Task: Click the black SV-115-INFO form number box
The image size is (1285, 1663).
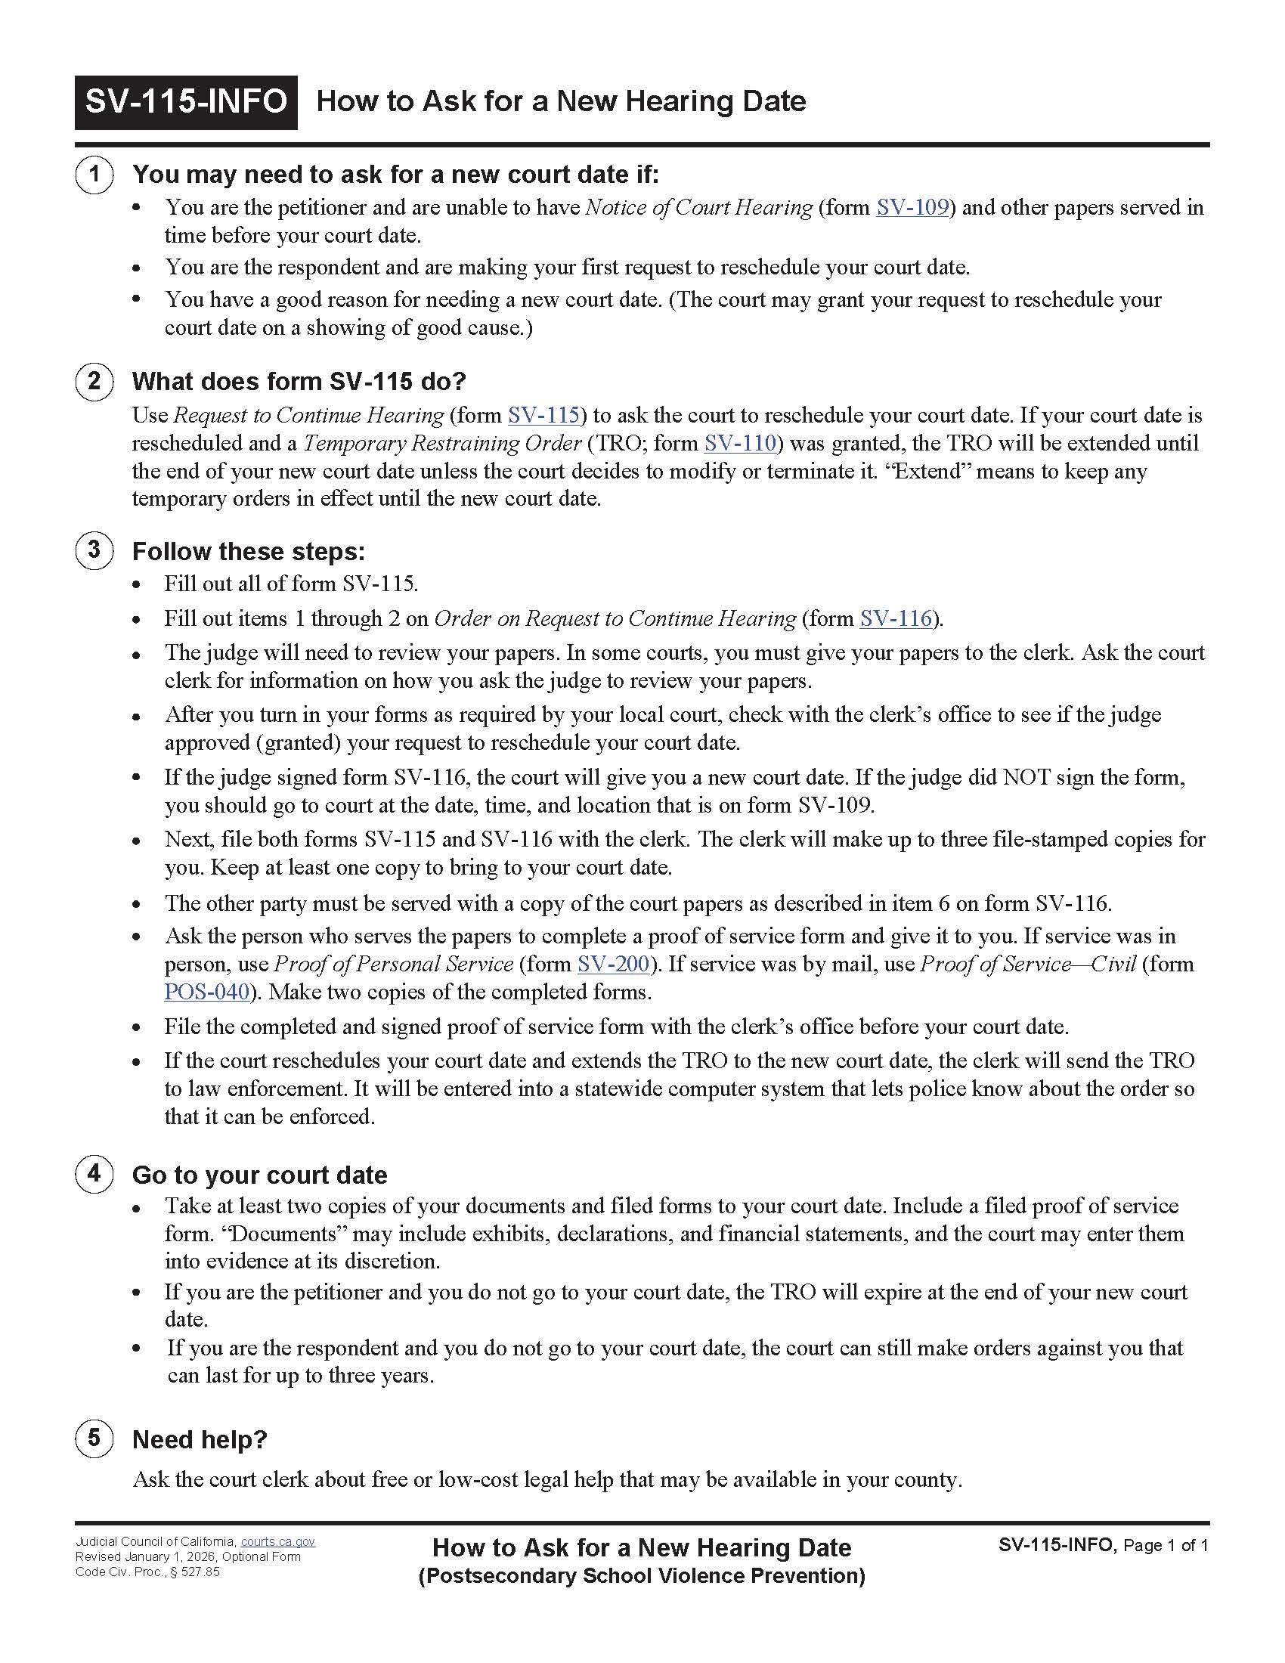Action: (186, 102)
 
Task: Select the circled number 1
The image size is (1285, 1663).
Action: (94, 174)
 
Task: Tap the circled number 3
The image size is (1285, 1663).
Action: (94, 550)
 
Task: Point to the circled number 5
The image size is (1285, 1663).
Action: (94, 1438)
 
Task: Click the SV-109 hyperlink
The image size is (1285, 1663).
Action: (912, 207)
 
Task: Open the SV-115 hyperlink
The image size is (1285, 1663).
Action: (543, 415)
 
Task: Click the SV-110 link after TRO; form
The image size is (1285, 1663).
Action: (739, 443)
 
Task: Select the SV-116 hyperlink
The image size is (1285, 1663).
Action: (895, 618)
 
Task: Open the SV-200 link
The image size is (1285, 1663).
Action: (613, 964)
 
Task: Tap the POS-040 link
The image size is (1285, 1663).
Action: (207, 993)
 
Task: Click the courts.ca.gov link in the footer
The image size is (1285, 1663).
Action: (278, 1542)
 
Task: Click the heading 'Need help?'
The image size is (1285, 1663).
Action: (200, 1440)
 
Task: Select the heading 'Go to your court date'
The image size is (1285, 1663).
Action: (259, 1175)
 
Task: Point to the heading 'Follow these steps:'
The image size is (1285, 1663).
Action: (249, 551)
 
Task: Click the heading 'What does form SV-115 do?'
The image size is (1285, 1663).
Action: (299, 382)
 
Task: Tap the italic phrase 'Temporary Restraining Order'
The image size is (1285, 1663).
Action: (442, 443)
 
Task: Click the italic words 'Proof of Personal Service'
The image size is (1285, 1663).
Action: (394, 964)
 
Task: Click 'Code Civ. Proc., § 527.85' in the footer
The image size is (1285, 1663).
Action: (147, 1572)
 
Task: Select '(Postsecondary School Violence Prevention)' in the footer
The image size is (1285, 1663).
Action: (642, 1575)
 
